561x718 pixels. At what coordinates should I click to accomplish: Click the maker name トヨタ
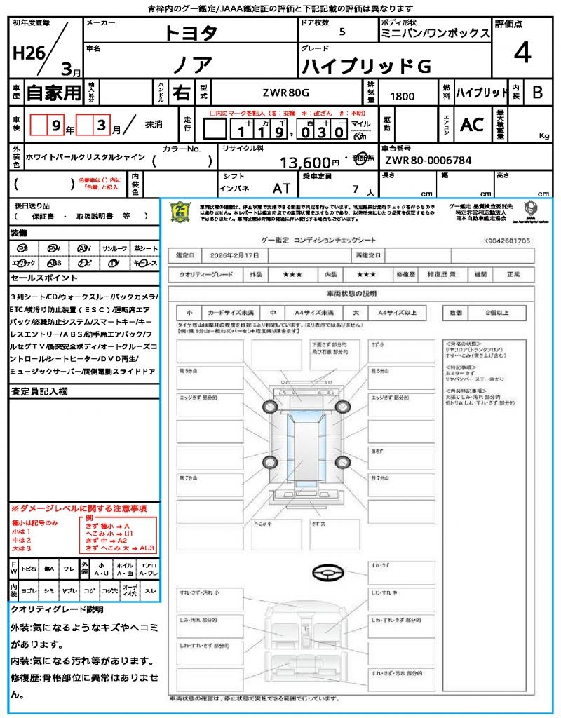pos(191,33)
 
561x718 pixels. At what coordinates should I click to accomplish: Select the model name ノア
pos(191,65)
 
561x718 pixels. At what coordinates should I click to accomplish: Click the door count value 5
pos(342,32)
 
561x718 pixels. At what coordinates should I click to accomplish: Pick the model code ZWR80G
pos(285,93)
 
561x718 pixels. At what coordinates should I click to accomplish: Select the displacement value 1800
pos(401,97)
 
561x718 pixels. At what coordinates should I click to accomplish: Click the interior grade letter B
pos(537,93)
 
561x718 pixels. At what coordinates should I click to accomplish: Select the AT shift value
pos(282,188)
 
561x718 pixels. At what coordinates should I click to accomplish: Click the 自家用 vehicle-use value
pos(53,93)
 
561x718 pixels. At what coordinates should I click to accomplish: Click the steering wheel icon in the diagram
pos(327,573)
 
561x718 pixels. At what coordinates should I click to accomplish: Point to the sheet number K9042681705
pos(507,241)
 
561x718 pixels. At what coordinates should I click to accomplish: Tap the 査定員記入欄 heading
pos(39,392)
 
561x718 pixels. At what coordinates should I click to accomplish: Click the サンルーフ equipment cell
pos(115,249)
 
